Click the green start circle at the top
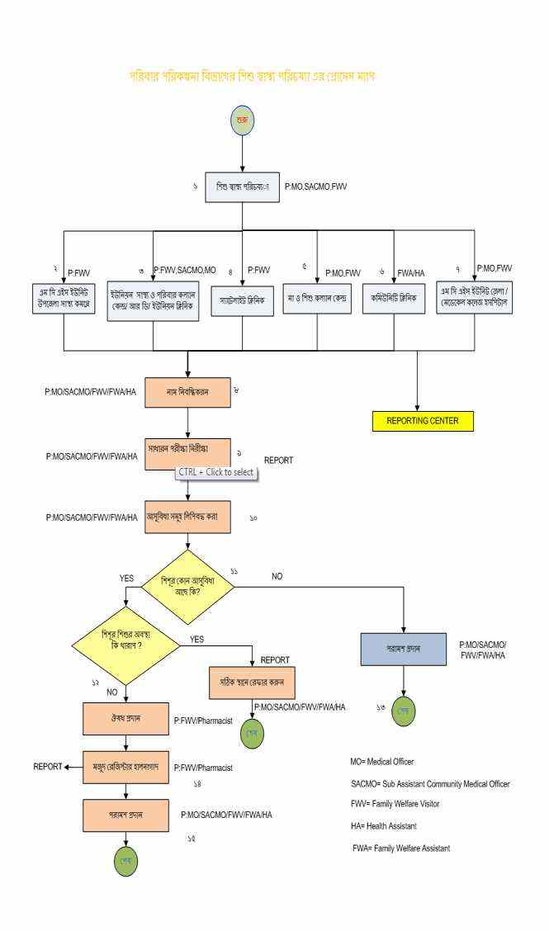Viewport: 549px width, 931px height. pos(242,121)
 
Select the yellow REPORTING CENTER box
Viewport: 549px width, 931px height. pos(422,420)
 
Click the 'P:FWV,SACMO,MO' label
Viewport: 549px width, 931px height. pos(192,270)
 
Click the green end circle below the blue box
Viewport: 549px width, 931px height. pos(404,710)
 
